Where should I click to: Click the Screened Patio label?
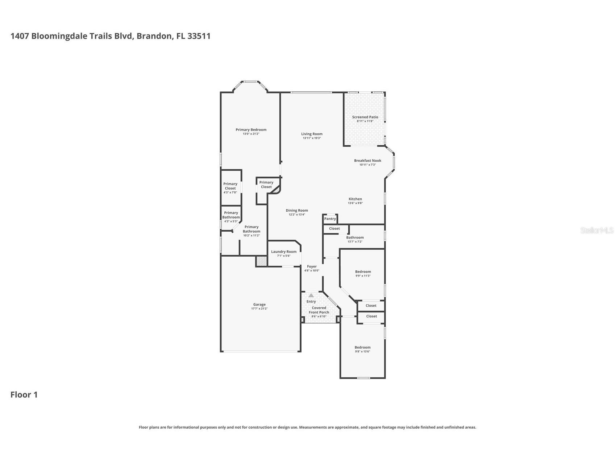[x=365, y=117]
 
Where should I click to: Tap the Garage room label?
[x=259, y=304]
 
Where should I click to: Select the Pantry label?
[x=330, y=219]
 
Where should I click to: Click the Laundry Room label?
[x=284, y=252]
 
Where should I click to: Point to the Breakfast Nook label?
[x=367, y=161]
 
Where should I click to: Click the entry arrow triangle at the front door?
[x=311, y=295]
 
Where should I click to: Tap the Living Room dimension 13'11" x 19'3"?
[x=312, y=138]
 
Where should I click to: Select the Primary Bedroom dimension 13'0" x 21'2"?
[x=251, y=134]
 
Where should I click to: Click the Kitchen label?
[x=355, y=199]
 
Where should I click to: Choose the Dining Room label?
[x=297, y=210]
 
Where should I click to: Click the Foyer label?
[x=312, y=266]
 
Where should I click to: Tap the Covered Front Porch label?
[x=319, y=310]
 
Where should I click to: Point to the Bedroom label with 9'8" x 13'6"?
[x=362, y=347]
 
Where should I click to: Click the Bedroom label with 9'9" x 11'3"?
[x=363, y=271]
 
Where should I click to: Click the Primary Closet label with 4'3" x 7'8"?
[x=230, y=186]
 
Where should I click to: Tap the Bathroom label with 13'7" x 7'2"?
[x=355, y=237]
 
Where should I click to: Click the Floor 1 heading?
[x=24, y=395]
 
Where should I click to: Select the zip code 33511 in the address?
[x=199, y=36]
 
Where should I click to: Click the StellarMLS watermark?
[x=597, y=230]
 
